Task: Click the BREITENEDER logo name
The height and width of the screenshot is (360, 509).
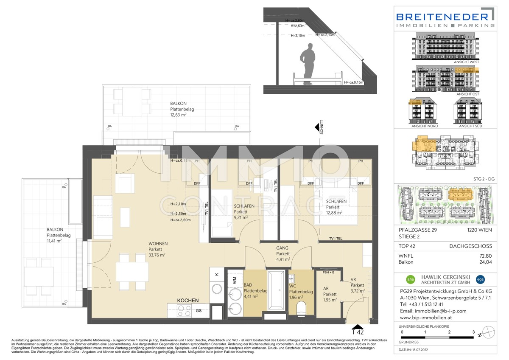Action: tap(442, 17)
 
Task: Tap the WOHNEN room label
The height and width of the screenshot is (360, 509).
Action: tap(157, 244)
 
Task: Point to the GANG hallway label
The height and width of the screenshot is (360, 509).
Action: tap(282, 248)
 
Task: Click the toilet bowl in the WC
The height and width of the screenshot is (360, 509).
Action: tap(301, 307)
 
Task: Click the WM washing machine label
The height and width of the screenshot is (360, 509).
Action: tap(235, 280)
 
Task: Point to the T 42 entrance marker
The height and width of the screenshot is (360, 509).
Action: tap(357, 332)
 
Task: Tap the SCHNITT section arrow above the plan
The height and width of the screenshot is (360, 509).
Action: tap(317, 127)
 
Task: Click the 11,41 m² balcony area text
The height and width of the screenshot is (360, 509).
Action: tap(54, 241)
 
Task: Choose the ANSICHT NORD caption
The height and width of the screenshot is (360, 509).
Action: tap(425, 126)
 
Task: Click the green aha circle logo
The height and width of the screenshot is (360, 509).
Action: tap(410, 279)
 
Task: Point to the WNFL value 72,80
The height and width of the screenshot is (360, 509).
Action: tap(485, 256)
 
